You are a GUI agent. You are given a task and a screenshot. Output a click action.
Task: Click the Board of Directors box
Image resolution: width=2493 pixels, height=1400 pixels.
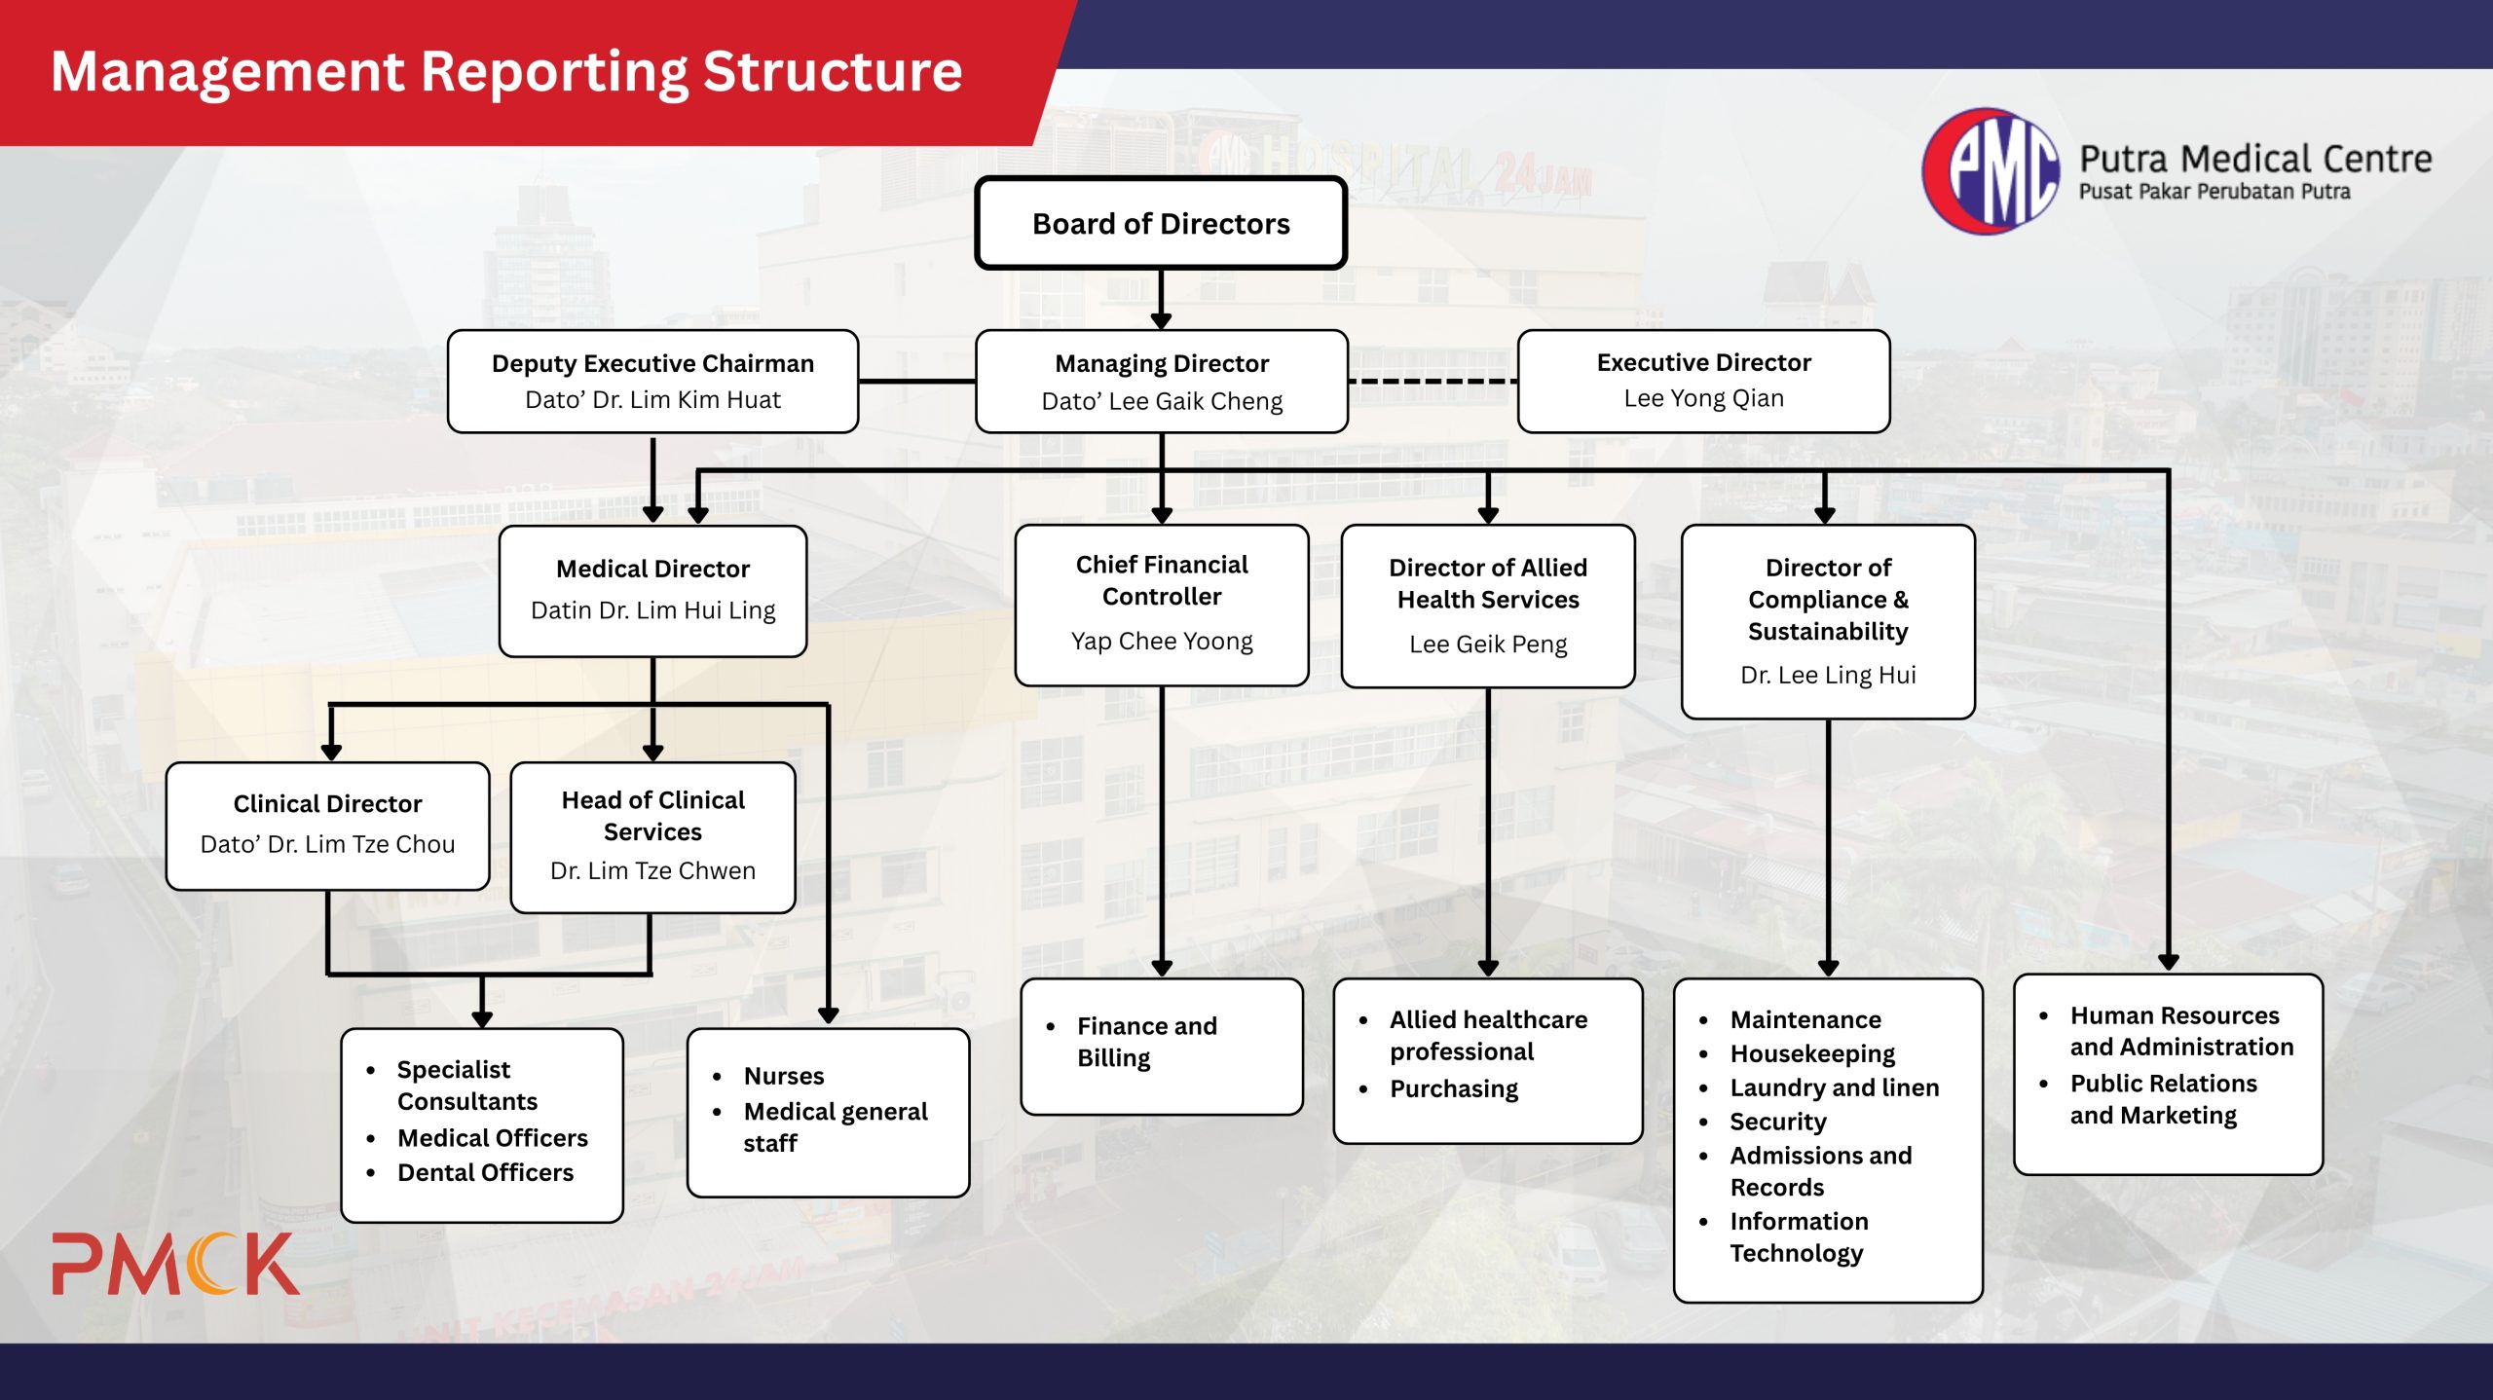[x=1161, y=223]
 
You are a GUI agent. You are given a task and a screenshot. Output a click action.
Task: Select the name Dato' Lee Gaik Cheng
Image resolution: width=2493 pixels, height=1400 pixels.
[x=1162, y=401]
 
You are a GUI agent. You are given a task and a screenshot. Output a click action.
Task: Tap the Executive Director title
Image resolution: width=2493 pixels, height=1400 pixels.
[x=1703, y=362]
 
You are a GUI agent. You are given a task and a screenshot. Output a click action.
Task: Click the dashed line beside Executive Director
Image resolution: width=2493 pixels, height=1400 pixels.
[x=1433, y=381]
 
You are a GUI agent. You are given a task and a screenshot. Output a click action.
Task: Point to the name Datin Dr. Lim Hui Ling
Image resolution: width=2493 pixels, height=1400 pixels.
[x=652, y=610]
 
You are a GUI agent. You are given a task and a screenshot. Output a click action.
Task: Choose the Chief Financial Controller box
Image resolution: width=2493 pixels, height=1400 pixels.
[x=1162, y=606]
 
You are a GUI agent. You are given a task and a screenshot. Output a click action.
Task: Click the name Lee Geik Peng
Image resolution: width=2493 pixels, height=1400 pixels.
[x=1488, y=645]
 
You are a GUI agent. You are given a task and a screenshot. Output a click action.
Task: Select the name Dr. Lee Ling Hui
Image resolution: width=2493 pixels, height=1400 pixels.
[x=1828, y=675]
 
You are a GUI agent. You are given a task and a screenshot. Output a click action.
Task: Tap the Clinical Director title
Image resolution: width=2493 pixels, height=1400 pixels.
[x=327, y=803]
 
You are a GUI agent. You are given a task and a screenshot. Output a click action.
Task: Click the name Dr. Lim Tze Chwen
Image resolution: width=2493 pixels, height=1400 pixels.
[x=652, y=870]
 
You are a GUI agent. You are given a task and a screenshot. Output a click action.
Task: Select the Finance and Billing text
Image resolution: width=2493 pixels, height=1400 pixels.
[x=1146, y=1042]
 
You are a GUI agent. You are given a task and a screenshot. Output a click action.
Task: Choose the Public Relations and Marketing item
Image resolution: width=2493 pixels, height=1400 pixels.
[x=2162, y=1099]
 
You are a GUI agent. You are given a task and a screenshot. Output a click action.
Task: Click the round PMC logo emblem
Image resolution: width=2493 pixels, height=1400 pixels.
[x=1991, y=171]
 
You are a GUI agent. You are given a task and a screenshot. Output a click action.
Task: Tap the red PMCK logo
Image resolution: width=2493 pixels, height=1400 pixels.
[x=175, y=1264]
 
